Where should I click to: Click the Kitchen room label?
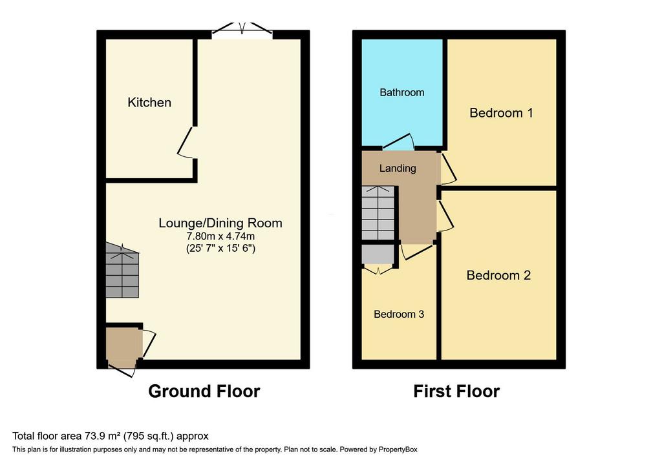point(149,103)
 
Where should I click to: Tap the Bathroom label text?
point(402,92)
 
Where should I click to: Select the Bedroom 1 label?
point(501,112)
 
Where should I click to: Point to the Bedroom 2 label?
point(498,275)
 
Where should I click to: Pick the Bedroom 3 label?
point(399,314)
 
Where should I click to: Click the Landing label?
point(398,169)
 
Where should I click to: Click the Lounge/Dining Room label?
point(220,223)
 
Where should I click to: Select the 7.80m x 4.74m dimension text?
point(220,236)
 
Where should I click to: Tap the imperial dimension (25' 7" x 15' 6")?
point(220,248)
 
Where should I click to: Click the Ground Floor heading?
point(204,391)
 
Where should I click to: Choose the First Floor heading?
point(456,391)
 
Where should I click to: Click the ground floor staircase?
point(122,270)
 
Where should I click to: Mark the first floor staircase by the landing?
point(378,213)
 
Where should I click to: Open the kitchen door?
point(186,142)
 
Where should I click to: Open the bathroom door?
point(398,141)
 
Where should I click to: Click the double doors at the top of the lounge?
point(242,30)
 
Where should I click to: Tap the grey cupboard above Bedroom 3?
point(378,254)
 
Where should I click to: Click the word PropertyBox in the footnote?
point(398,449)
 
